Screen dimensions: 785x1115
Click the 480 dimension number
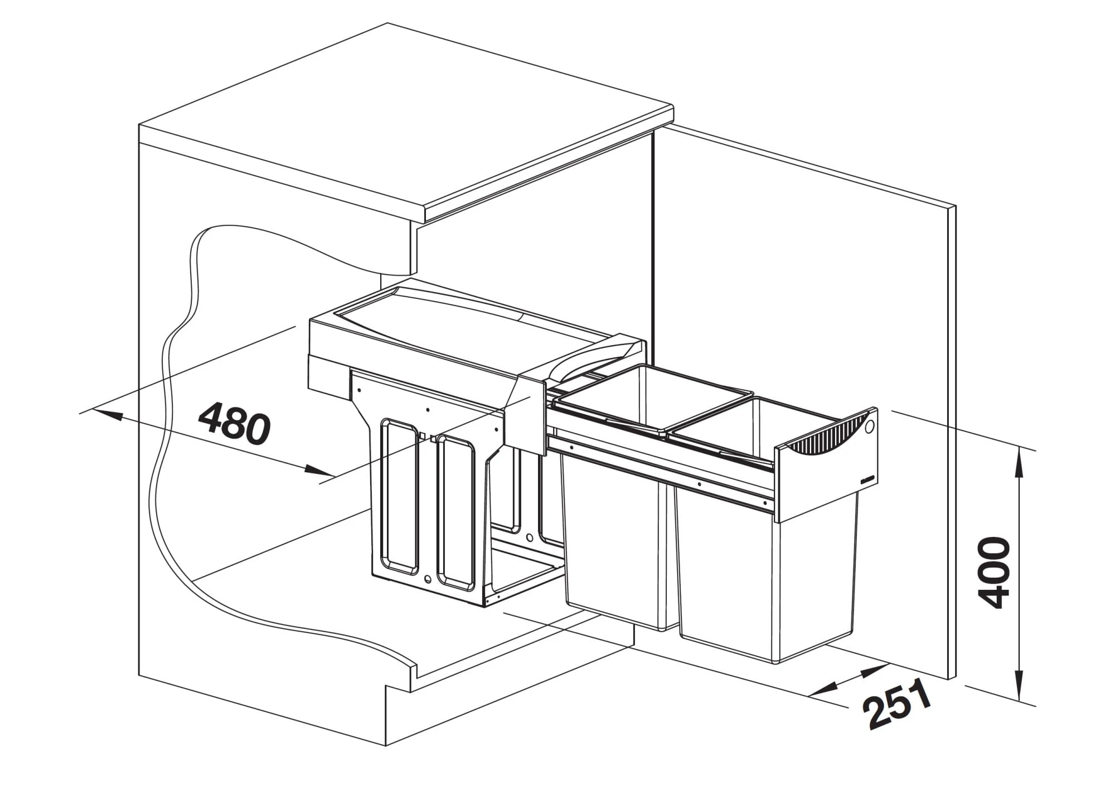234,424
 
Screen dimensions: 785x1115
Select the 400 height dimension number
995,573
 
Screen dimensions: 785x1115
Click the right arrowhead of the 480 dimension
318,471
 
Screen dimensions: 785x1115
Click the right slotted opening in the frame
457,510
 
